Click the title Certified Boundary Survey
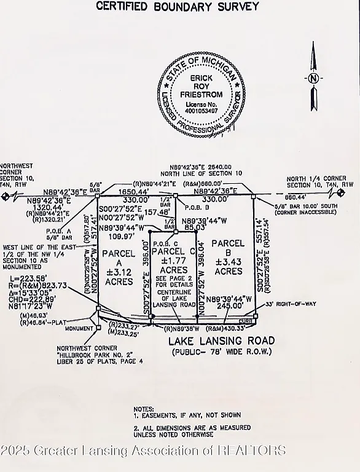pyautogui.click(x=177, y=7)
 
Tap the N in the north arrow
pyautogui.click(x=314, y=79)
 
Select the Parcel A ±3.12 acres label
pyautogui.click(x=119, y=267)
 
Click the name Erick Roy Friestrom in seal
pyautogui.click(x=197, y=87)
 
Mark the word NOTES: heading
pyautogui.click(x=145, y=408)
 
